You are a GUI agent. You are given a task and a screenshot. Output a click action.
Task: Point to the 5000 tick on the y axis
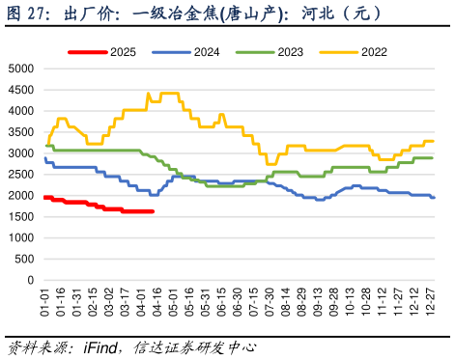click(19, 69)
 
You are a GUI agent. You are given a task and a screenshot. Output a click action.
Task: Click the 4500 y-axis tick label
click(19, 90)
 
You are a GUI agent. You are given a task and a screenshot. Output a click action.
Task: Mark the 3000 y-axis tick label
click(19, 153)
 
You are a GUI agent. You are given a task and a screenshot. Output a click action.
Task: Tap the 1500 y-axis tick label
click(19, 217)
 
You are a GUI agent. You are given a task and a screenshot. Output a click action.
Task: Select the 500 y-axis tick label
click(22, 259)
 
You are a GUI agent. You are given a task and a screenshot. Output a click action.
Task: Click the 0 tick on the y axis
click(29, 280)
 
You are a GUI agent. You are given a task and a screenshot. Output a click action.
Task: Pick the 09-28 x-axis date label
click(334, 301)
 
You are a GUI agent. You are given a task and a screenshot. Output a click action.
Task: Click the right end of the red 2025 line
click(154, 211)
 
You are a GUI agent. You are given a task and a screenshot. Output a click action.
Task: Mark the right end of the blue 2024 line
click(434, 197)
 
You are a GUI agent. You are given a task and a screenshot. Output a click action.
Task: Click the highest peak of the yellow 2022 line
click(148, 93)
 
